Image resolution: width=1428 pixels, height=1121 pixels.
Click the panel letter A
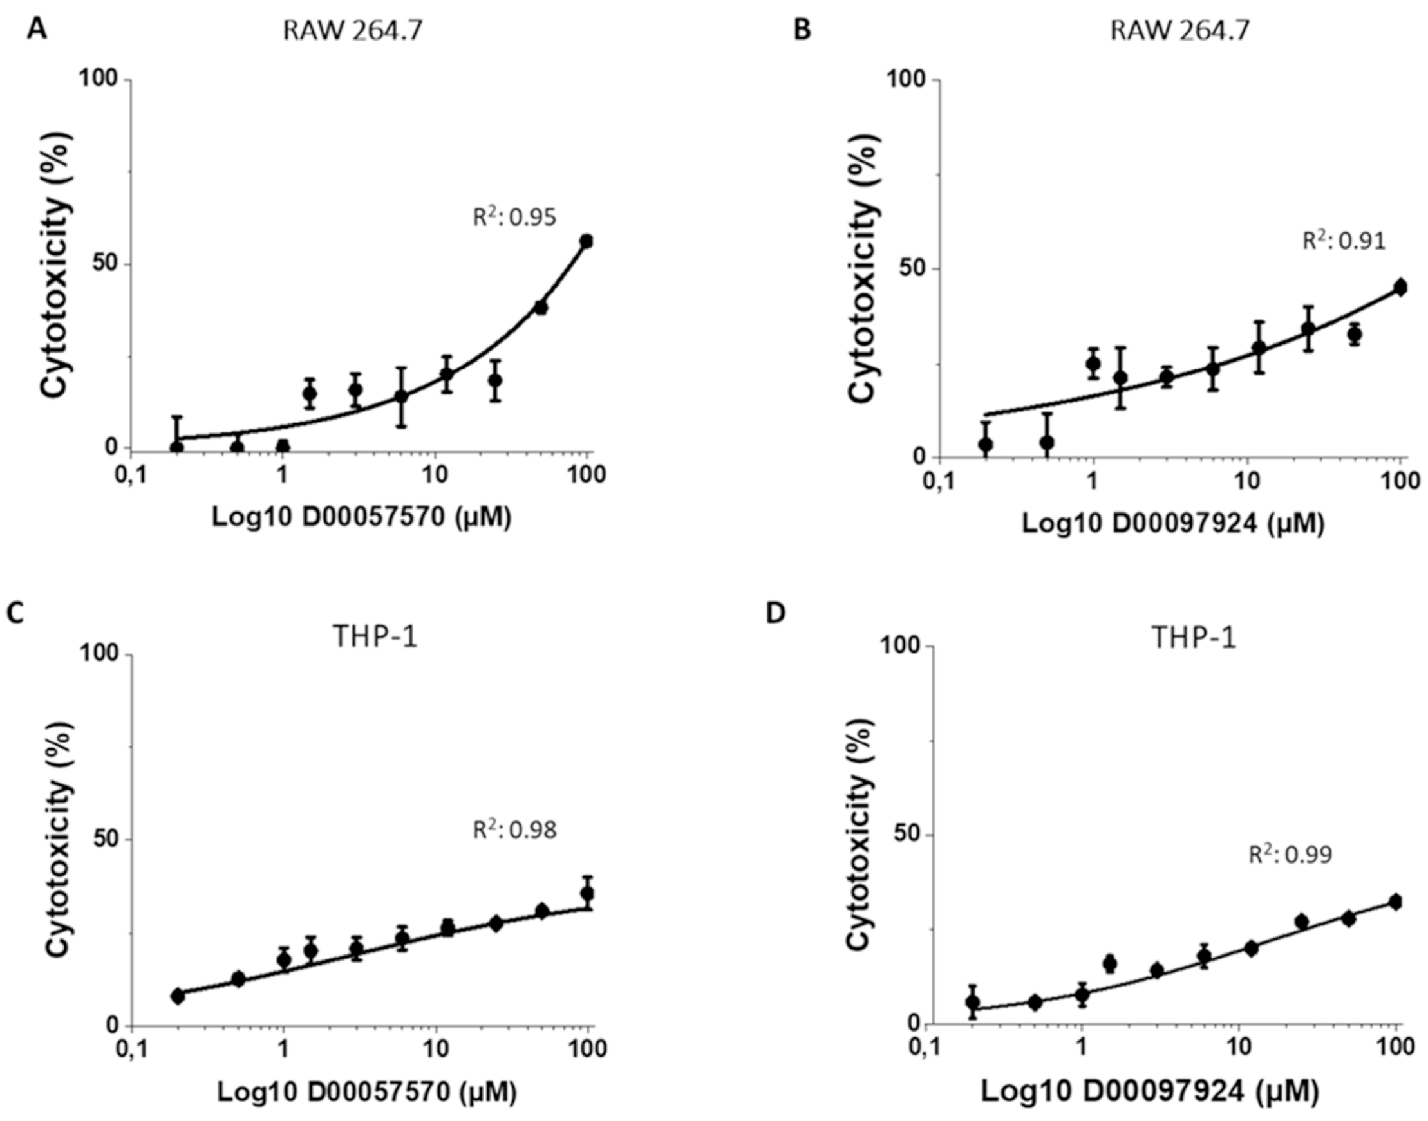click(37, 30)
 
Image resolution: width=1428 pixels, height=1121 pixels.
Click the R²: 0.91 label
click(1343, 241)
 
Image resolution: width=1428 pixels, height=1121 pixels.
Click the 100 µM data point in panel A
click(587, 241)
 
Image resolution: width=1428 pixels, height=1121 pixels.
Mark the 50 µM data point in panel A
click(541, 307)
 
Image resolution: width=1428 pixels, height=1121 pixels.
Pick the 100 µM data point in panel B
click(1400, 288)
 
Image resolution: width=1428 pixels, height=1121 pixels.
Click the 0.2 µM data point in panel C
click(177, 996)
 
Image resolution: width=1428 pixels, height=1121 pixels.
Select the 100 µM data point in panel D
click(1395, 902)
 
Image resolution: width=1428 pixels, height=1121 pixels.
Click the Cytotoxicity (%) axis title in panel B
click(863, 268)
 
